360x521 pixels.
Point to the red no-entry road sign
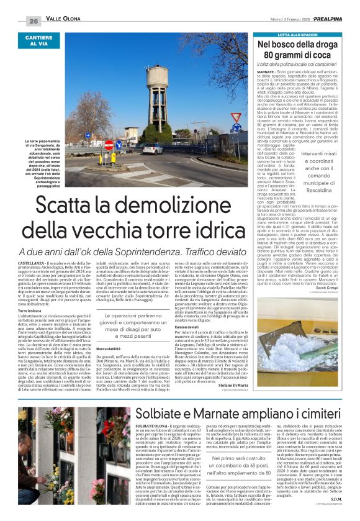[x=110, y=145]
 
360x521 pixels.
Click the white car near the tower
[x=150, y=149]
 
